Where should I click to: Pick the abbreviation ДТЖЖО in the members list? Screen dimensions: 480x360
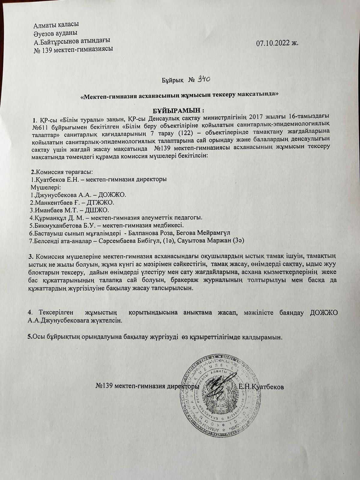100,202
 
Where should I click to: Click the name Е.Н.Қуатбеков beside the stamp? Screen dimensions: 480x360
261,386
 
